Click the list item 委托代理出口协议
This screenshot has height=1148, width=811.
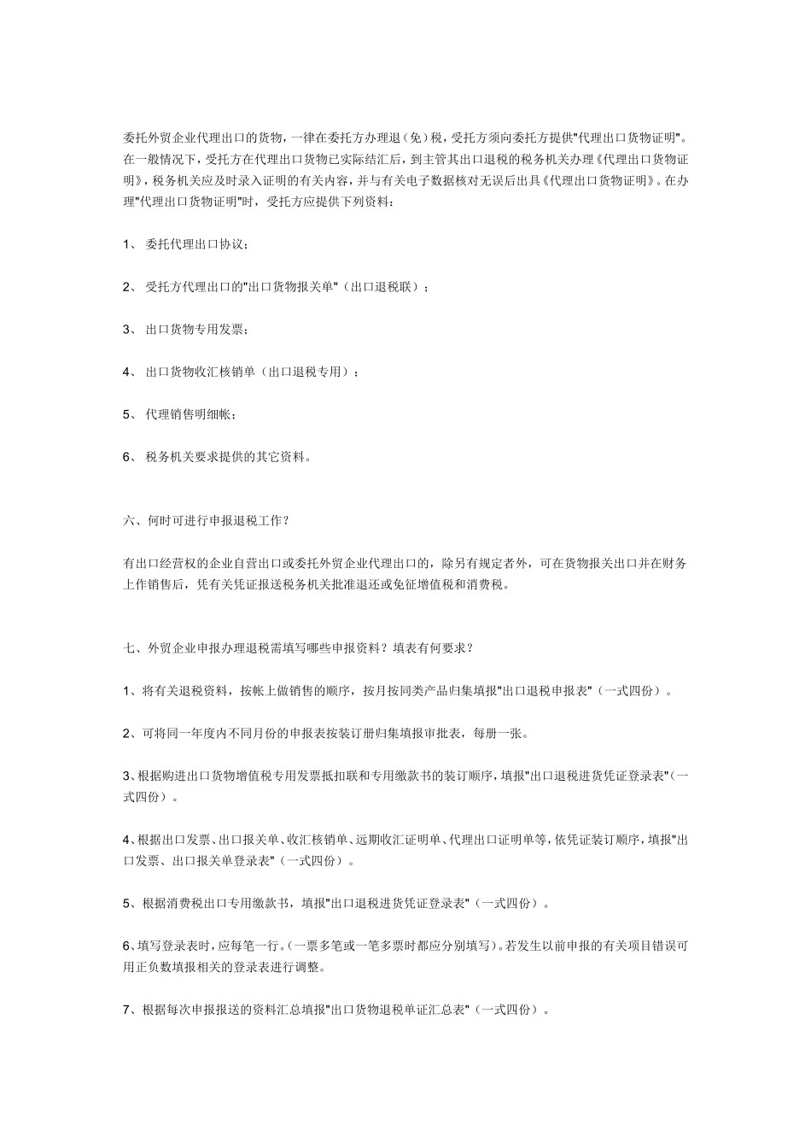click(195, 244)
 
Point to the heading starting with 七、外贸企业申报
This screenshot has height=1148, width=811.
click(298, 647)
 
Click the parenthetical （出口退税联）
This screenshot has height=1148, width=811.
click(384, 287)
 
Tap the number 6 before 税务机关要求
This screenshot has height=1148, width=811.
click(126, 457)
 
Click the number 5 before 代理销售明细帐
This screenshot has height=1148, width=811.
click(126, 414)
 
